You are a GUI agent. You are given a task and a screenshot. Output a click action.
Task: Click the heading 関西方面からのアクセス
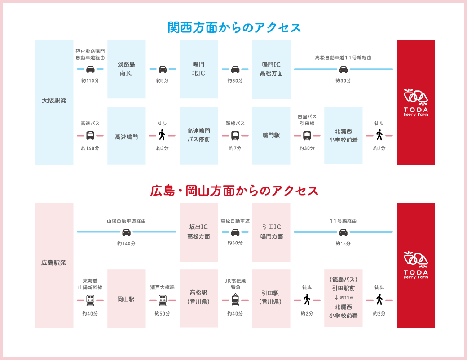point(234,27)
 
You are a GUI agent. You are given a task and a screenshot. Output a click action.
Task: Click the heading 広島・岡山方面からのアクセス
point(234,191)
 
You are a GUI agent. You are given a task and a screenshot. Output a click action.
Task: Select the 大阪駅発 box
point(54,101)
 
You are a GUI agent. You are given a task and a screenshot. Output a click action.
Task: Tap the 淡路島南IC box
point(126,69)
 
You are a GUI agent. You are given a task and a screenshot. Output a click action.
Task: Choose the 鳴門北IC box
point(198,69)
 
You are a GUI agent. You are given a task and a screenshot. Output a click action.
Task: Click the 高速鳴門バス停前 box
point(198,135)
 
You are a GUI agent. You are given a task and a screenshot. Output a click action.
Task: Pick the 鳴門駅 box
point(271,135)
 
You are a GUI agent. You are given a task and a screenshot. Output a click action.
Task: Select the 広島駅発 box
point(54,263)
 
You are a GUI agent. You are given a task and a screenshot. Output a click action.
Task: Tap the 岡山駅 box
point(126,298)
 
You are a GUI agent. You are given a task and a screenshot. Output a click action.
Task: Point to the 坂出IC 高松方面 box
point(198,231)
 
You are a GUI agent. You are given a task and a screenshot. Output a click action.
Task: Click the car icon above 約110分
point(90,69)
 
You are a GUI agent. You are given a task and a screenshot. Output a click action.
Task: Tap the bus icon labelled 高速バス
point(90,135)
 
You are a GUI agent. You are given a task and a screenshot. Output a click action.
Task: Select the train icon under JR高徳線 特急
point(235,299)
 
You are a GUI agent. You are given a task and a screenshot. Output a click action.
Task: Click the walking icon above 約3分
point(163,135)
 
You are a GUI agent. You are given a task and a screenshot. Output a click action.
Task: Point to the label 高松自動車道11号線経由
point(343,58)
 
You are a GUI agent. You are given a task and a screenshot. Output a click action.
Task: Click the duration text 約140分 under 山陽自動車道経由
point(126,243)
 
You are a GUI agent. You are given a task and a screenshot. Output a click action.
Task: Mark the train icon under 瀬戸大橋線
point(163,299)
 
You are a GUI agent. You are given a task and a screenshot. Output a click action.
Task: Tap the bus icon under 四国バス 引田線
point(307,135)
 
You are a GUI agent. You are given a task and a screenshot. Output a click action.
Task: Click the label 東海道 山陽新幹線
point(90,284)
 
